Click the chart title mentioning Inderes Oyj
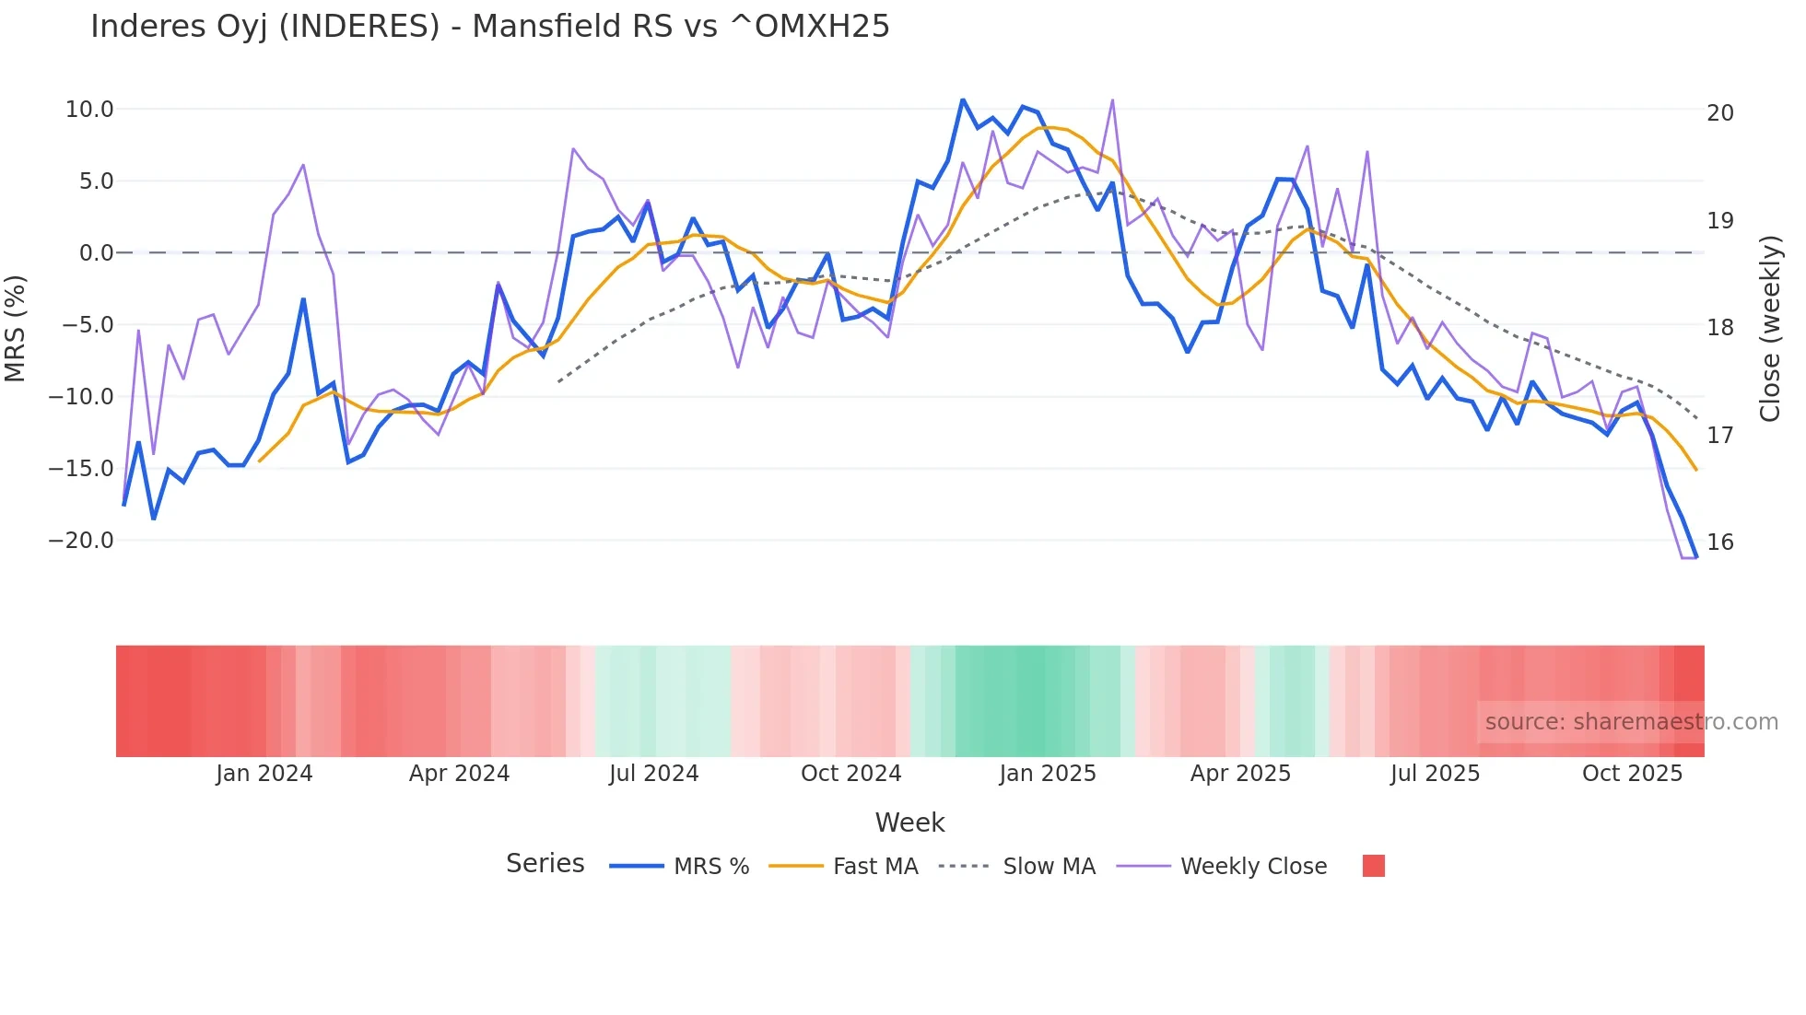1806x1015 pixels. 489,26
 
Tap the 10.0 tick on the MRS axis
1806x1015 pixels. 89,110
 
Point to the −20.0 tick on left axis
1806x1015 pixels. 81,541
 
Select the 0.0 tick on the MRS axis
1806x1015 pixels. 96,253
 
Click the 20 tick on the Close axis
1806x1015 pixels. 1719,113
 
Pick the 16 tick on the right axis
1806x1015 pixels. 1719,542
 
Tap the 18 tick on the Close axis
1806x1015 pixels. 1719,328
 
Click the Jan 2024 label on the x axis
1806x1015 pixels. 264,774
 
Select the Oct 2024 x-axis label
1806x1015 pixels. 850,774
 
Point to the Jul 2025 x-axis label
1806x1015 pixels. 1435,774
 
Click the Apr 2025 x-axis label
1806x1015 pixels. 1240,774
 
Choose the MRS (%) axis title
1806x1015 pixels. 16,328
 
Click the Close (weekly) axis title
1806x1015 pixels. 1769,328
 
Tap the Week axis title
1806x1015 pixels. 909,822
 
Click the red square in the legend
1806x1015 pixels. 1373,866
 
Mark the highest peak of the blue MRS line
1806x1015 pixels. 962,99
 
